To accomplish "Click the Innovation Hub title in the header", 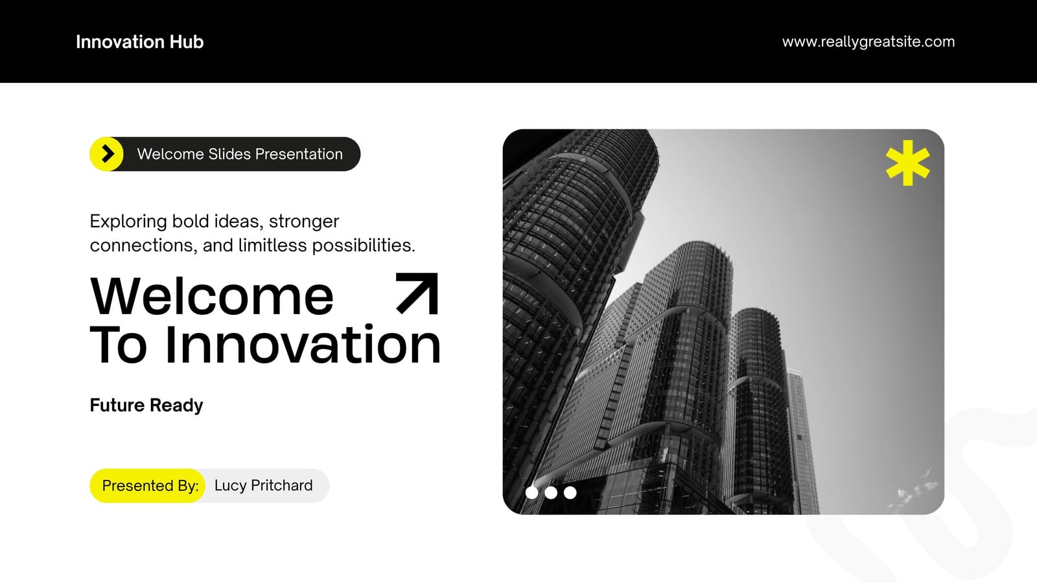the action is [140, 41].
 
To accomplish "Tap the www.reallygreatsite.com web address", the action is [868, 41].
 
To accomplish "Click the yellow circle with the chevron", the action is [107, 154].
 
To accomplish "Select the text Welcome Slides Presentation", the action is [240, 154].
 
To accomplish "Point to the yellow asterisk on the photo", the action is [908, 163].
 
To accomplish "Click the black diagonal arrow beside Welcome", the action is [417, 294].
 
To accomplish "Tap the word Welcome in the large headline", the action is [211, 296].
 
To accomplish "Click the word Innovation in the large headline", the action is [303, 345].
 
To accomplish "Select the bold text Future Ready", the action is [146, 406].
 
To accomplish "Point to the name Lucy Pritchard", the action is [263, 485].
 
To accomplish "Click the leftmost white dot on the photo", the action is [532, 493].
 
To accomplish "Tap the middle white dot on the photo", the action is [551, 493].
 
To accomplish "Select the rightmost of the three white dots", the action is [570, 493].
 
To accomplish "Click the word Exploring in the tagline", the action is [128, 222].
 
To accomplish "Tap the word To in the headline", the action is [119, 345].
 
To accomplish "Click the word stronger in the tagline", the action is [304, 222].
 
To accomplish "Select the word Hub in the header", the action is [187, 41].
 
